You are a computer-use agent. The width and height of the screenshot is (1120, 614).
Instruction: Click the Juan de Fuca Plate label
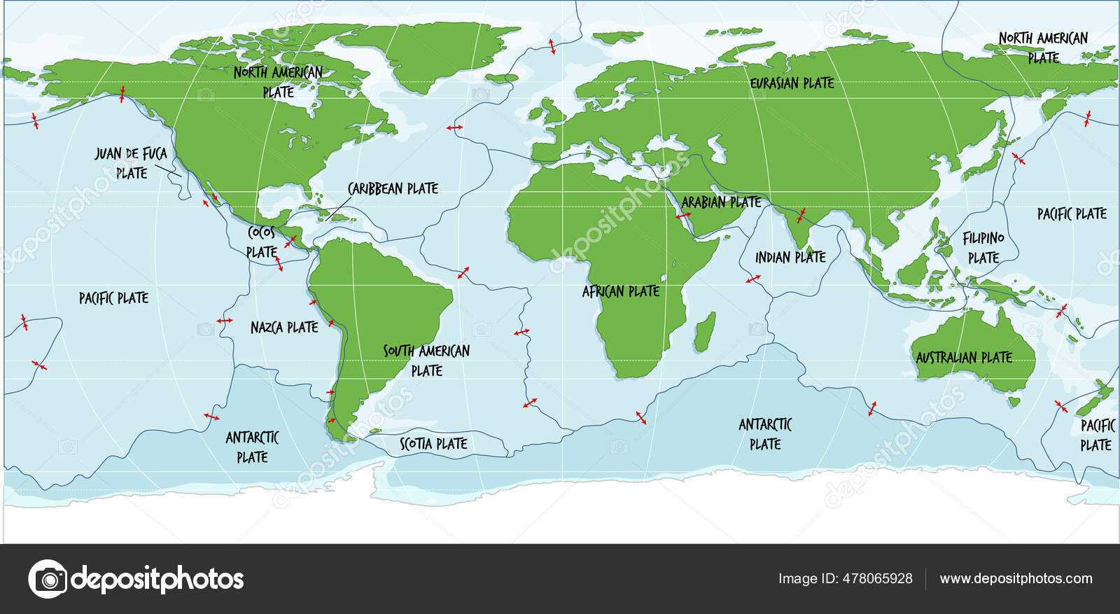(131, 162)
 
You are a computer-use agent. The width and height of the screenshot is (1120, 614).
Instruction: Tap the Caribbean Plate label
(393, 188)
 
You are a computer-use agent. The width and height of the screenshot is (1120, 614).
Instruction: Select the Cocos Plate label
(262, 242)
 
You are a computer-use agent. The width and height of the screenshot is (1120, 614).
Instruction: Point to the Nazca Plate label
(284, 327)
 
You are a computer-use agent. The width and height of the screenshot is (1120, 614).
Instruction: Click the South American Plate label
(426, 360)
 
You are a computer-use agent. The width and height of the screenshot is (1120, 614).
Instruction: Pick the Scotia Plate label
(433, 443)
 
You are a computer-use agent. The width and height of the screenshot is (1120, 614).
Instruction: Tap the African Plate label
(621, 291)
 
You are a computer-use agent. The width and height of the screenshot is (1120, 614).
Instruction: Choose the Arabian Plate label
(721, 202)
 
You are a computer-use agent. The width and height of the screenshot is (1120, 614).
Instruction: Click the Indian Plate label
(790, 258)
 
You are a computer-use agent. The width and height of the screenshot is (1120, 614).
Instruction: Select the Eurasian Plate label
(792, 83)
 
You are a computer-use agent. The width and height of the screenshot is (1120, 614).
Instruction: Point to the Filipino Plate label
(983, 248)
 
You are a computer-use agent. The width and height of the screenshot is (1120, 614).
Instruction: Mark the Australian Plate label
(964, 358)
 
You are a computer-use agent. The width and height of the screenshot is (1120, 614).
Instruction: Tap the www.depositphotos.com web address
(1016, 578)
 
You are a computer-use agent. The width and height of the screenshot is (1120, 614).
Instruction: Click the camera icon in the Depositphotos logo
(48, 579)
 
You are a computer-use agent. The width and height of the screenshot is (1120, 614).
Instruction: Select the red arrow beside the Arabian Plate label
(682, 216)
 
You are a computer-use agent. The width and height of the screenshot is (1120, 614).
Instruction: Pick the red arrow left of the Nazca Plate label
(225, 321)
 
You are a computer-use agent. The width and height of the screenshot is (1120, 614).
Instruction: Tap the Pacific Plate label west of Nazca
(113, 298)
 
